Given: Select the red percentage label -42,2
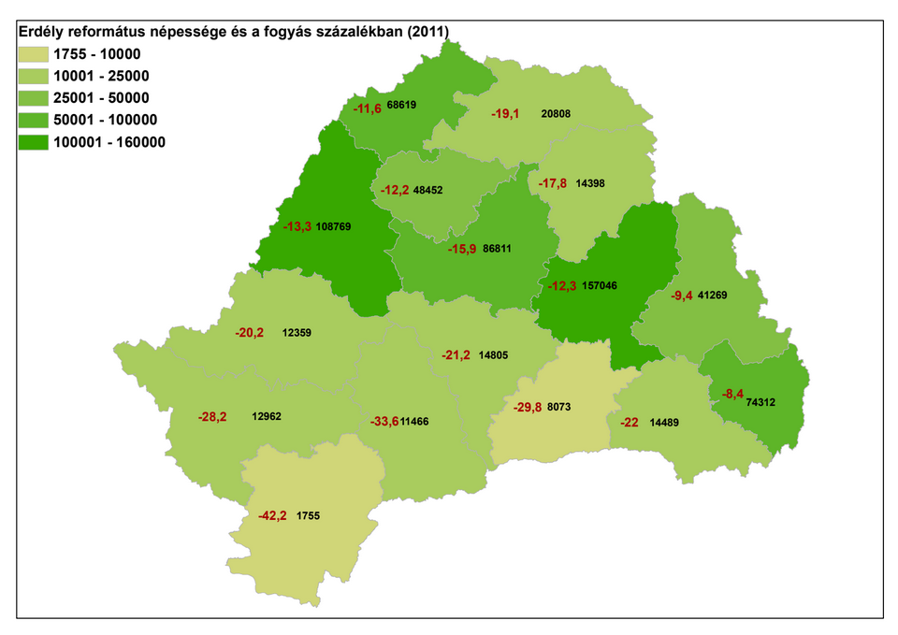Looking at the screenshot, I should [x=273, y=514].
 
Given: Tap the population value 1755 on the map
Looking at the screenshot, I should [x=309, y=515].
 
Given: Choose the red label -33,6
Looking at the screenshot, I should [x=384, y=422].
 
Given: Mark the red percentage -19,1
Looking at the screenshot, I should [x=506, y=113].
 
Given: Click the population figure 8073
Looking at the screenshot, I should [x=559, y=408].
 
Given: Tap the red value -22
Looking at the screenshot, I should [x=630, y=422].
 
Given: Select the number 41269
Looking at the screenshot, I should [x=712, y=296].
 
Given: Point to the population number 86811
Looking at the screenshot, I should [x=497, y=250].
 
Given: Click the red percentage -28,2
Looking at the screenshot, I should [x=212, y=416].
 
